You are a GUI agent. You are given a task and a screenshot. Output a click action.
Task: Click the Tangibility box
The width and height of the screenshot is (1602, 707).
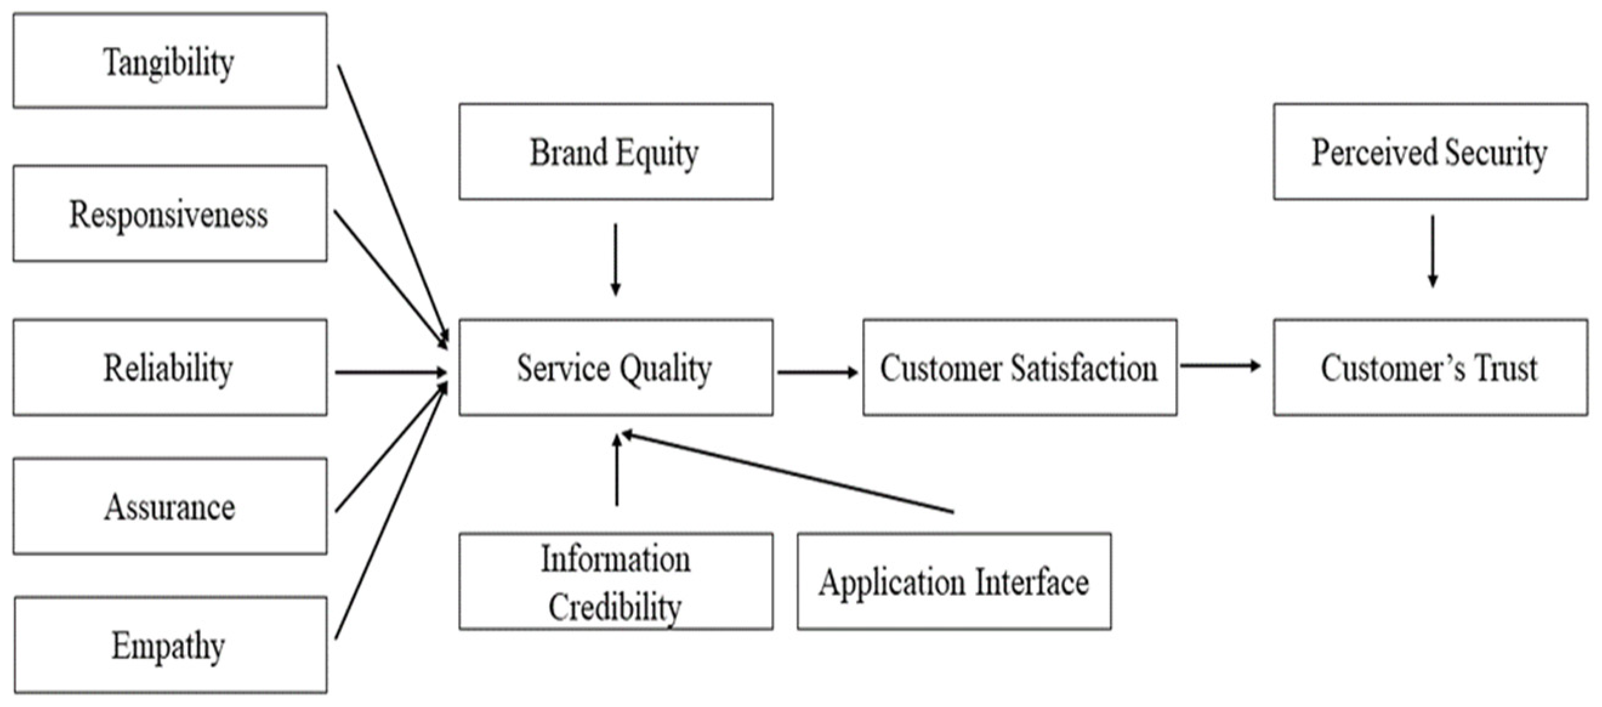point(170,61)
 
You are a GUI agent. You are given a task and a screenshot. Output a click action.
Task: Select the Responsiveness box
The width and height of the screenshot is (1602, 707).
point(170,213)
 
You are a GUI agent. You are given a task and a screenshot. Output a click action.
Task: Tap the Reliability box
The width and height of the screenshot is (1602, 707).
point(170,367)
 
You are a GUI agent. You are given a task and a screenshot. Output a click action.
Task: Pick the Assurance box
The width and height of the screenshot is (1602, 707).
point(170,506)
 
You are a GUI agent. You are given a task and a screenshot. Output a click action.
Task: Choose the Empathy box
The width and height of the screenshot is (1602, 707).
point(170,645)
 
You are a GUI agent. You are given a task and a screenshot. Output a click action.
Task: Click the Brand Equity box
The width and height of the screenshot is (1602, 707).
point(616,152)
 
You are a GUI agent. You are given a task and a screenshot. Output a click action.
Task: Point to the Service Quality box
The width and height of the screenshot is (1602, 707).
point(616,367)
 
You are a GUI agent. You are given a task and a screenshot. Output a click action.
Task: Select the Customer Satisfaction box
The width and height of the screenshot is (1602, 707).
point(1019,367)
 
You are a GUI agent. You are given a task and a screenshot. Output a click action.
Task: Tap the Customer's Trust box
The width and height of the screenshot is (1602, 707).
point(1430,367)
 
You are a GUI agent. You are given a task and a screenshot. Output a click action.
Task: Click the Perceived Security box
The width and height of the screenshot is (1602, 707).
point(1430,152)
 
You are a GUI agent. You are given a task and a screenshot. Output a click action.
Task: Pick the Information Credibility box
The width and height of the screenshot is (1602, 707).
point(616,581)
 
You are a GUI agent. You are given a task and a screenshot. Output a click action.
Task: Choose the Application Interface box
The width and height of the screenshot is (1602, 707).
point(953,581)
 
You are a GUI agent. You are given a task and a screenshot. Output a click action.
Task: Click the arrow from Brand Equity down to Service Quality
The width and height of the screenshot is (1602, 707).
point(615,259)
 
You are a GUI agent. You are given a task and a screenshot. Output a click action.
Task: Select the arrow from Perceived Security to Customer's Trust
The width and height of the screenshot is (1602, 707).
point(1432,251)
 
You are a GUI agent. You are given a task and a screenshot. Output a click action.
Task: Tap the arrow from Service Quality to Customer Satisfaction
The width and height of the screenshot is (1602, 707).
point(817,373)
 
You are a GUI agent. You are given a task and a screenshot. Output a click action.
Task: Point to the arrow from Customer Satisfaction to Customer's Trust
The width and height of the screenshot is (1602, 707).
point(1220,365)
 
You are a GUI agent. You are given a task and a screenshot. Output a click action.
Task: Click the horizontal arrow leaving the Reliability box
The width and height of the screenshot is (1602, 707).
point(391,373)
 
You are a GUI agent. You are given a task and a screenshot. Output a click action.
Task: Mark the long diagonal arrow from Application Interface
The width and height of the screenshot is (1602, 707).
point(788,473)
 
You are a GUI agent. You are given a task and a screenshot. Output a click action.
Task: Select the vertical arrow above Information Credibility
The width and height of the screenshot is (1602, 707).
point(617,471)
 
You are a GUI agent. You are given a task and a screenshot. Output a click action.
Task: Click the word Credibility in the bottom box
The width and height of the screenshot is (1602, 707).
point(615,606)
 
